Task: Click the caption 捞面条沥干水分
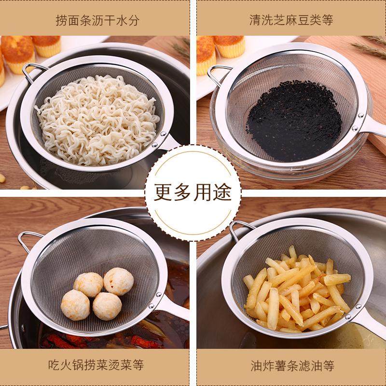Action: (x=97, y=21)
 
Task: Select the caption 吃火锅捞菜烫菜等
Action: (x=97, y=365)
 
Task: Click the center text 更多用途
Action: (x=193, y=192)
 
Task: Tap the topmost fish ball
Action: (x=118, y=281)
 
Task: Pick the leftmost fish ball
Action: (x=75, y=304)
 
